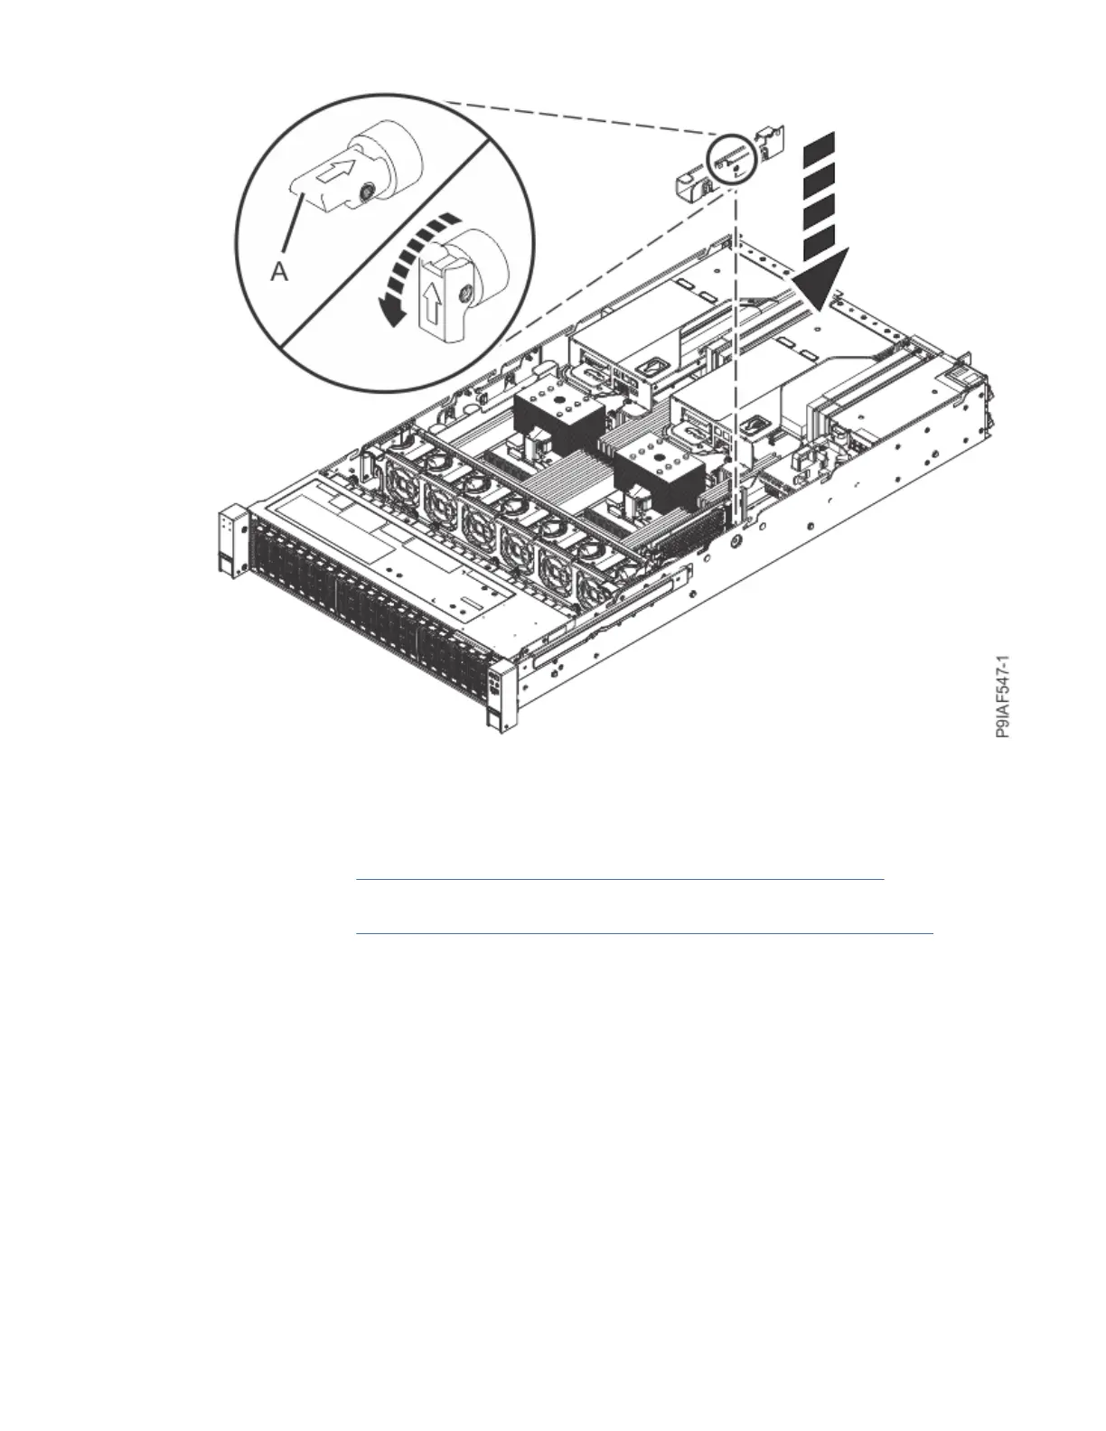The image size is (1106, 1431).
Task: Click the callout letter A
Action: pyautogui.click(x=279, y=270)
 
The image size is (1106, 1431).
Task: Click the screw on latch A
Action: pyautogui.click(x=367, y=192)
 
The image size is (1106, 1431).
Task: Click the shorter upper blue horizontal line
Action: pyautogui.click(x=619, y=878)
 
